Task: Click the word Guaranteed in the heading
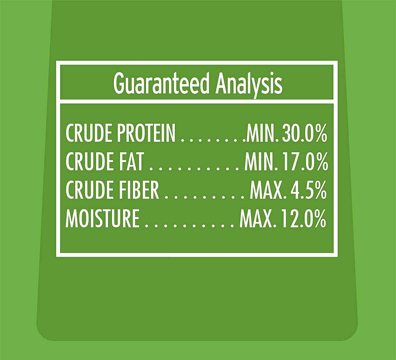tap(161, 83)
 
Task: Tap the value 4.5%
tap(308, 190)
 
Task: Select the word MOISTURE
tap(102, 219)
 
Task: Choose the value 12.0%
tap(304, 219)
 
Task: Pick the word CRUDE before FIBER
tap(90, 190)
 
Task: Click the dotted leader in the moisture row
tap(190, 226)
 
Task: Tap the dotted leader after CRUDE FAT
tap(194, 169)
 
